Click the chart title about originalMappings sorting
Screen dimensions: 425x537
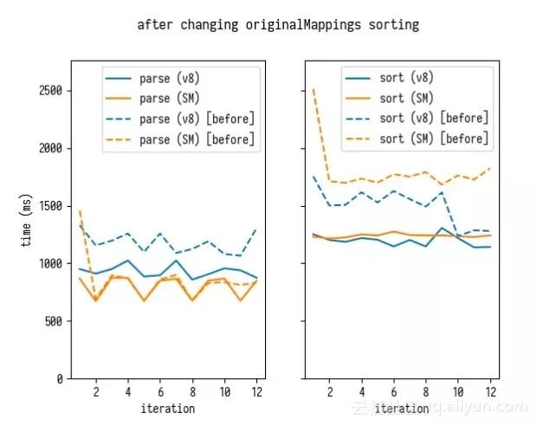[x=277, y=24]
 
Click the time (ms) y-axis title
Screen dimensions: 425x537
[x=29, y=219]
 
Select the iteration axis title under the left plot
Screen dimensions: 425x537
[x=168, y=409]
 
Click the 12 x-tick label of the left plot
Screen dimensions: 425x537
[x=256, y=391]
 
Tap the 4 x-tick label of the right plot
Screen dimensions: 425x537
[x=362, y=391]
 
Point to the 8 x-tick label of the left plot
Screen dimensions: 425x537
[x=192, y=391]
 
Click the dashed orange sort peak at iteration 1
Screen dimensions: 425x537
[x=314, y=90]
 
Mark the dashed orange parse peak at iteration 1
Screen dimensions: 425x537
[x=80, y=211]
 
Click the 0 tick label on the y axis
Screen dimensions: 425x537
[x=58, y=379]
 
